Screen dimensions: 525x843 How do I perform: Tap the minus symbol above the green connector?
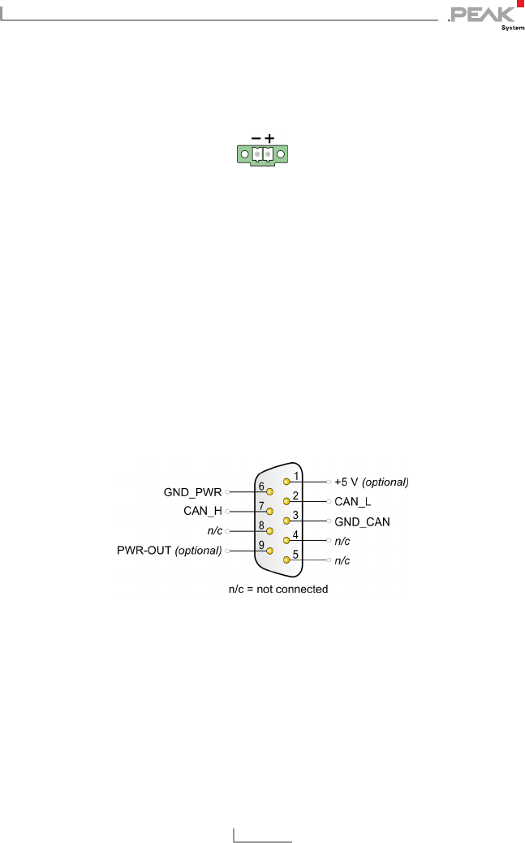(x=256, y=139)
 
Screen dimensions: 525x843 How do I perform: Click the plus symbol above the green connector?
(x=269, y=139)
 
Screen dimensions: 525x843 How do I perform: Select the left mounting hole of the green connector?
(x=243, y=153)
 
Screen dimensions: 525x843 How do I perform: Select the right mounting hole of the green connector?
(x=281, y=153)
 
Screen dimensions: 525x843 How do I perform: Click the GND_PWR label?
(x=191, y=492)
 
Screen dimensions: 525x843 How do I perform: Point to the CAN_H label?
(x=201, y=512)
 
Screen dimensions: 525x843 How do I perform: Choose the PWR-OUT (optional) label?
(x=169, y=551)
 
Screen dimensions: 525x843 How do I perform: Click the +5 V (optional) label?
(x=372, y=482)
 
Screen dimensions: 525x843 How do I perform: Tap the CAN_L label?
(x=353, y=502)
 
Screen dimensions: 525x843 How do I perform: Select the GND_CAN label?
(x=362, y=521)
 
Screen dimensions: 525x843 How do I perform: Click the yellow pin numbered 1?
(x=286, y=482)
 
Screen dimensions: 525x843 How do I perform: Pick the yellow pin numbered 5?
(x=286, y=560)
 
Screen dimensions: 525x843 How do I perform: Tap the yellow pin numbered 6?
(x=269, y=492)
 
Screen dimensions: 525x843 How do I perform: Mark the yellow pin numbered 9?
(x=269, y=551)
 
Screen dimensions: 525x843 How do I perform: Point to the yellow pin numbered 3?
(x=286, y=521)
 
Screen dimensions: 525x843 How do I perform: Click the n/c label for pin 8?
(x=215, y=531)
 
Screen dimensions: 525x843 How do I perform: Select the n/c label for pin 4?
(x=342, y=541)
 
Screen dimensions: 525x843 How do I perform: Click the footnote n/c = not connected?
(x=278, y=589)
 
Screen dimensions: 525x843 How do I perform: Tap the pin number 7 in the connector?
(x=261, y=506)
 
